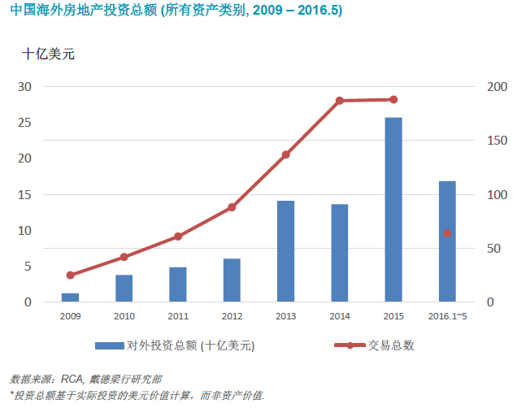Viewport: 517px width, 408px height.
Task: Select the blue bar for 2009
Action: click(70, 297)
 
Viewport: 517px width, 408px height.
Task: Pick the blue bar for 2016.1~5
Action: click(447, 241)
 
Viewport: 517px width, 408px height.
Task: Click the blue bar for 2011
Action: click(178, 284)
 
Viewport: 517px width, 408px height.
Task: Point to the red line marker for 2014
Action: click(340, 101)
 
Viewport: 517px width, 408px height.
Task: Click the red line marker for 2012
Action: click(232, 207)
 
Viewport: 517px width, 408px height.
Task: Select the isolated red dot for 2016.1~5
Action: click(447, 233)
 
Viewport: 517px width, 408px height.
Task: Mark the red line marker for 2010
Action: click(124, 257)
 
